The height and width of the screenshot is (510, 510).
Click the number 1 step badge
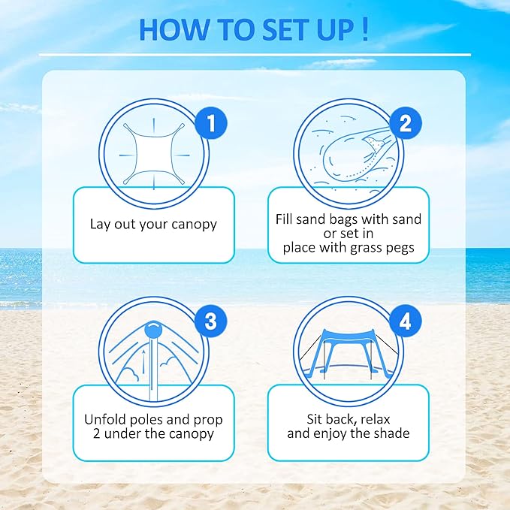211,124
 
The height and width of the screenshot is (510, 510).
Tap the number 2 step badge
405,124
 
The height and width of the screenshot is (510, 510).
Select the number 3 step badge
210,321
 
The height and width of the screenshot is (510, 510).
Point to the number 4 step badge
405,321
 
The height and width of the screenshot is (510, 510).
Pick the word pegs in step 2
398,247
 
